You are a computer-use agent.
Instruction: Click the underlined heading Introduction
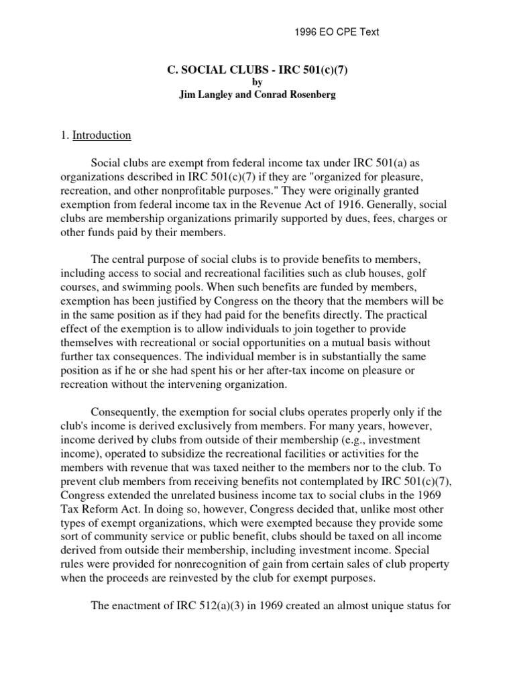point(102,135)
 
